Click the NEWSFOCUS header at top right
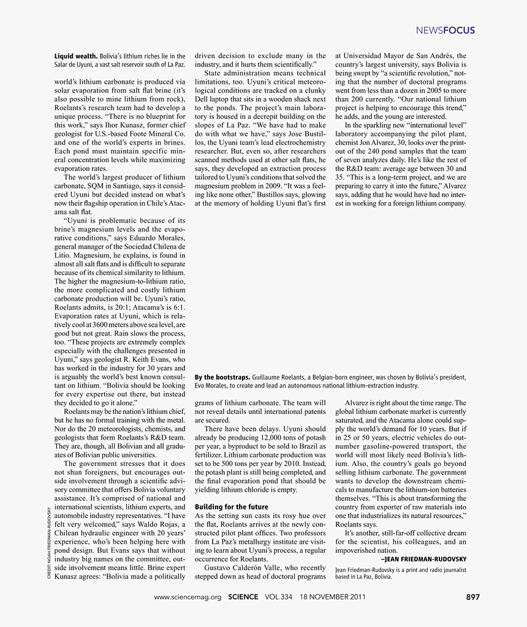point(445,31)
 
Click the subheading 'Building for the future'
point(231,507)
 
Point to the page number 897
point(473,597)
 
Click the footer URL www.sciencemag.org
point(188,597)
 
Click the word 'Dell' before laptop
point(202,99)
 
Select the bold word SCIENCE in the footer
point(243,597)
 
